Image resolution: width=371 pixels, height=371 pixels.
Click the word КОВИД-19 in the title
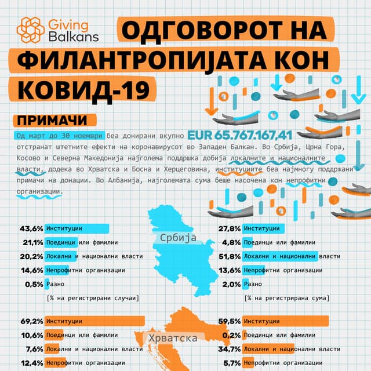coord(79,90)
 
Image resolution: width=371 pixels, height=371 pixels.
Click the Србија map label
coord(176,238)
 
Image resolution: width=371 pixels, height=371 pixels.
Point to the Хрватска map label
coord(173,338)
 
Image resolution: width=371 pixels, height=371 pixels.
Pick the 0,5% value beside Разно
coord(34,284)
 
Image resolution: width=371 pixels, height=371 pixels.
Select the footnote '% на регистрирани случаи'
coord(92,298)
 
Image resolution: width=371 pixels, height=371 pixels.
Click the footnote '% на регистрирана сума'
coord(286,298)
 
